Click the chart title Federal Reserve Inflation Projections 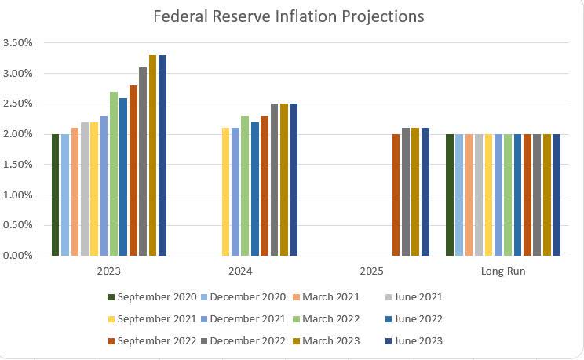(x=288, y=16)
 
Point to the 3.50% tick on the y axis (x=17, y=43)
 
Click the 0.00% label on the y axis (x=17, y=256)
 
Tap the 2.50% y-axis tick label (x=17, y=104)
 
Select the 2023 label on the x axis (x=109, y=271)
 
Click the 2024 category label (x=240, y=271)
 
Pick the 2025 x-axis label (x=371, y=271)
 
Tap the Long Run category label (x=503, y=271)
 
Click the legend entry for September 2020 (x=154, y=297)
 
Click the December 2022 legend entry (x=247, y=341)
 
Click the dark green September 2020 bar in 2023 (x=56, y=195)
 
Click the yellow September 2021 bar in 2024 (x=226, y=192)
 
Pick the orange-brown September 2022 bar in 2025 (x=396, y=195)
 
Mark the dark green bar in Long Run (x=450, y=195)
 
